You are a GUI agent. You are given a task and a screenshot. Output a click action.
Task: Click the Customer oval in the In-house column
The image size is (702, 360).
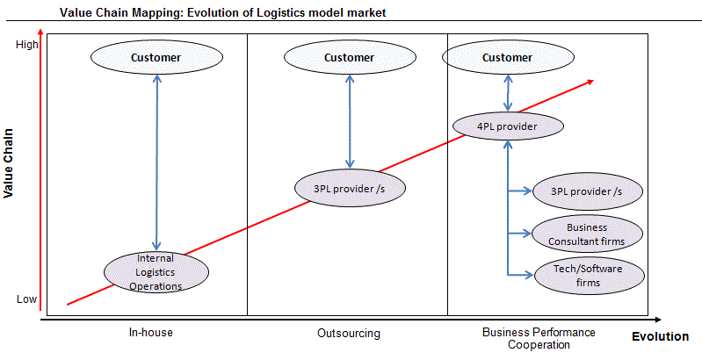point(156,58)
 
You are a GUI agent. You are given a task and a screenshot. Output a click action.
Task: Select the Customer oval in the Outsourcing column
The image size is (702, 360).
point(349,58)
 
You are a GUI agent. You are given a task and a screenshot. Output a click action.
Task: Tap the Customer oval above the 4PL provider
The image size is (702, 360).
point(507,58)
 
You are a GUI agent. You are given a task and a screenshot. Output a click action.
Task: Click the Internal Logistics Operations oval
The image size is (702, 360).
point(156,272)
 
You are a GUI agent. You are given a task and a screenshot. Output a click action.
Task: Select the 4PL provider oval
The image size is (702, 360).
point(507,126)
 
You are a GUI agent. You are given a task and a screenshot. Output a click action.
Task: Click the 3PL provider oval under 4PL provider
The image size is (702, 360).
point(586,191)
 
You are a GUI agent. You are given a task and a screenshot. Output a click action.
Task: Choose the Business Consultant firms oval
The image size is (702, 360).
point(587,234)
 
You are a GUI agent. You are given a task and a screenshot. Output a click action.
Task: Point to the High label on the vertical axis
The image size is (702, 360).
point(27,46)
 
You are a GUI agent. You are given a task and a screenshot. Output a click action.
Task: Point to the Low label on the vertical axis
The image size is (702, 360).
point(27,299)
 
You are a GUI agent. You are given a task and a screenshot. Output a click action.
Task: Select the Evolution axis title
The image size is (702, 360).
point(660,336)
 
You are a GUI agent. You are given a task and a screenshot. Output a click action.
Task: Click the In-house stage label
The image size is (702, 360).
point(150,334)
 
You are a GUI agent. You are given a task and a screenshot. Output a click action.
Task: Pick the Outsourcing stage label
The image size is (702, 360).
point(349,334)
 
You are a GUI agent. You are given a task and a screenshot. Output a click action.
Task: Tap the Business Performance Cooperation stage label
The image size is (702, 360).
point(539,338)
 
